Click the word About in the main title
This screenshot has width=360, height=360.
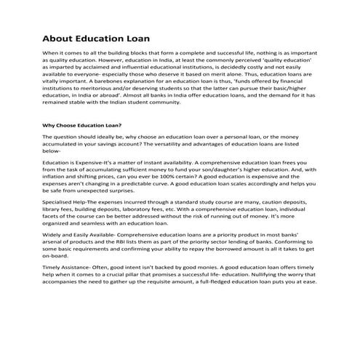59,38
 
